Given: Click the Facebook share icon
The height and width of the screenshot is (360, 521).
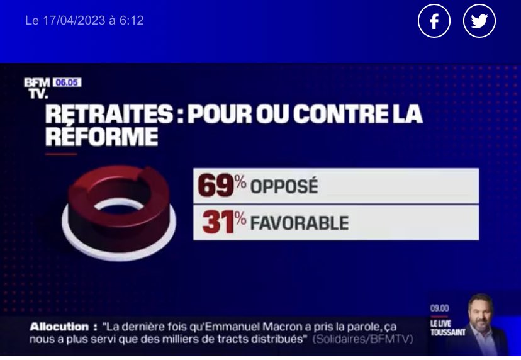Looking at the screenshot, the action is click(434, 21).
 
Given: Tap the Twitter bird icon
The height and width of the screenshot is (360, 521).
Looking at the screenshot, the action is click(479, 21).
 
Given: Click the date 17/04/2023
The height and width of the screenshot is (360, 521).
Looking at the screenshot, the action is click(74, 21).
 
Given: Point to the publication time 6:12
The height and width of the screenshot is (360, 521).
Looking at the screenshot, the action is click(132, 21).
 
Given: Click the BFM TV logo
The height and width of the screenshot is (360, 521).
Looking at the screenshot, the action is click(36, 88).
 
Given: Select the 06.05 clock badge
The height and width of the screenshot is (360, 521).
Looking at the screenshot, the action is click(67, 82).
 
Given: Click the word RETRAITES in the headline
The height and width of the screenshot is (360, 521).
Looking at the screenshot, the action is click(109, 114).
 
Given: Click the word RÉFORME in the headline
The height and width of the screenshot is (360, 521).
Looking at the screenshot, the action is click(102, 137).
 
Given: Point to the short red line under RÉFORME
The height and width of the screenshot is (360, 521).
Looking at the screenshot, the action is click(61, 154).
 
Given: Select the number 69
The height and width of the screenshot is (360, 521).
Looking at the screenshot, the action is click(216, 186).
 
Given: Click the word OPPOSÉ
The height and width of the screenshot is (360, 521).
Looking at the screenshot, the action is click(284, 186).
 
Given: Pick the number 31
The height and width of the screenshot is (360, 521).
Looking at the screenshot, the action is click(218, 222).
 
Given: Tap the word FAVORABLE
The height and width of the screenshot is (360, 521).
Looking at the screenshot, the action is click(300, 223).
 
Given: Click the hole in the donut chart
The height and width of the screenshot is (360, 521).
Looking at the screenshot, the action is click(118, 209).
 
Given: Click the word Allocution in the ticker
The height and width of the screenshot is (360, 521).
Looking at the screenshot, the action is click(59, 327).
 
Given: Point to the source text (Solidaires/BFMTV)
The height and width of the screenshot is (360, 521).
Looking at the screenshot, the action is click(363, 339).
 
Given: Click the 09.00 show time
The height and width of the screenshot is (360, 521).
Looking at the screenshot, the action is click(439, 308).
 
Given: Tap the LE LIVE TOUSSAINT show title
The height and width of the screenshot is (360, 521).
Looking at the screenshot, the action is click(448, 328).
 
